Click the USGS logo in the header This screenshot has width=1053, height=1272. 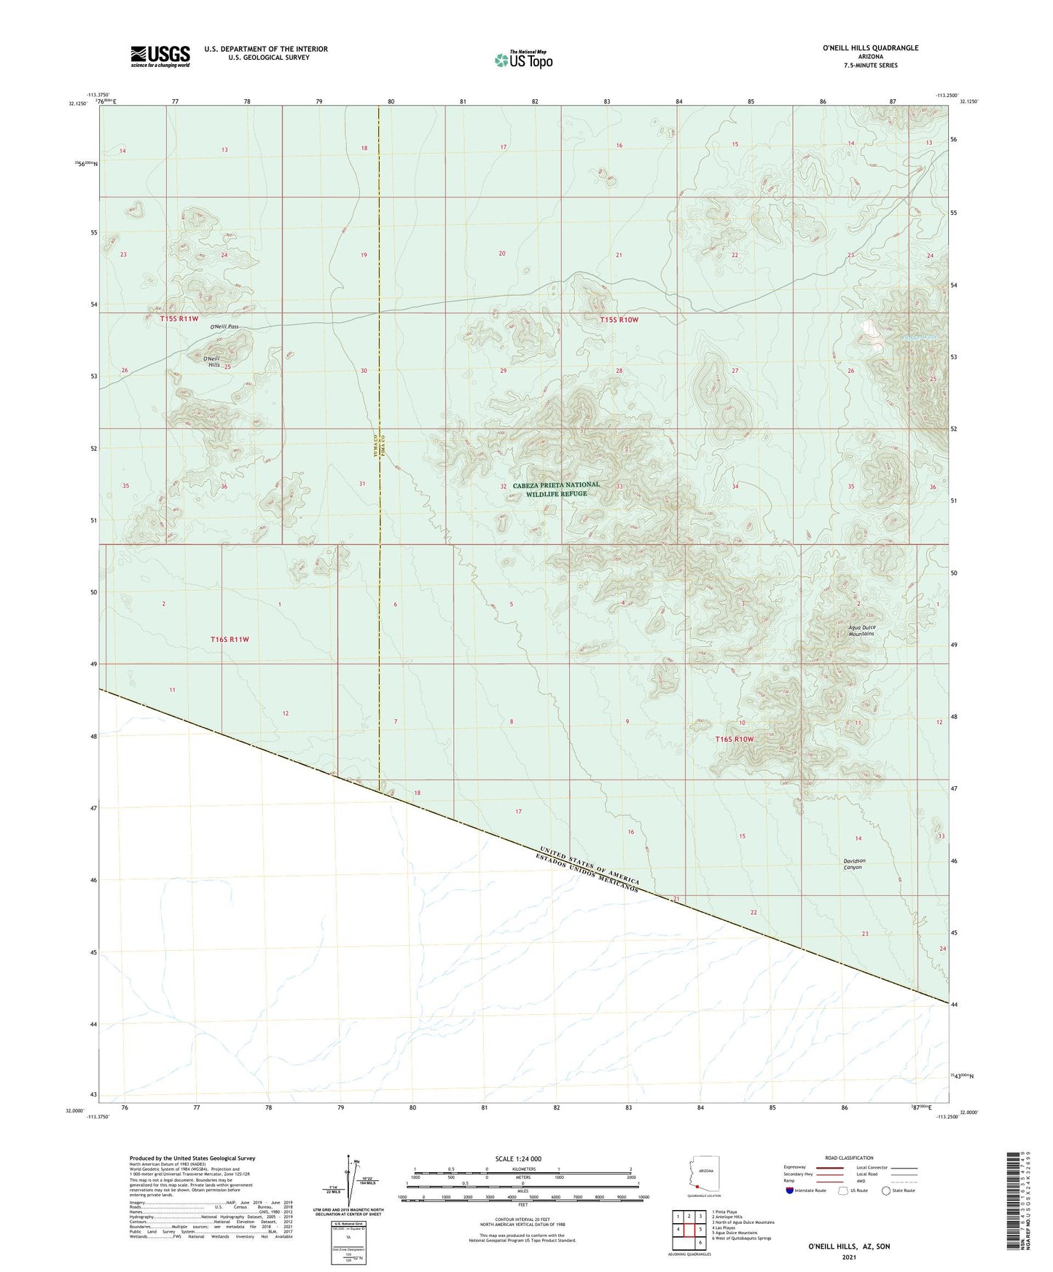click(x=160, y=56)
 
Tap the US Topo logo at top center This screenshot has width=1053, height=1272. click(x=523, y=59)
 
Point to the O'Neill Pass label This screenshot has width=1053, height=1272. click(x=224, y=327)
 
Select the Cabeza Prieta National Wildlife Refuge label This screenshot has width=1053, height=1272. click(x=556, y=489)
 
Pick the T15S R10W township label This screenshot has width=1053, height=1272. click(x=619, y=320)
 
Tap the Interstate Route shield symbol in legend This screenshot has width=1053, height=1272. click(x=790, y=1190)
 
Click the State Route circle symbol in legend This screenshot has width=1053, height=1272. click(x=885, y=1190)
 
